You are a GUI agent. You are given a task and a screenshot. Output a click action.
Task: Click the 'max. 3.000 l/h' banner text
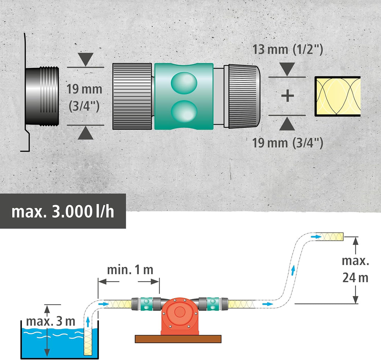[x=63, y=211]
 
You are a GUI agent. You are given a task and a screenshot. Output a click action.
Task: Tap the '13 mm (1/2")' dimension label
[x=288, y=49]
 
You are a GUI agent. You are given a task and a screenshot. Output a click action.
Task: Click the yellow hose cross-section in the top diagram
[x=338, y=96]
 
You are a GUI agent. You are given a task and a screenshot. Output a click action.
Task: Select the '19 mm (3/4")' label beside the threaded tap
[x=84, y=96]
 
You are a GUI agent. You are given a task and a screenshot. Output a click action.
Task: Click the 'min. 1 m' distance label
[x=130, y=270]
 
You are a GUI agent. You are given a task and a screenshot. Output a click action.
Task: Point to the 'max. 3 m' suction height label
[x=51, y=321]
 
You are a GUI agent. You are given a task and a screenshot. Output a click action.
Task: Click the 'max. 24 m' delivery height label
[x=355, y=270]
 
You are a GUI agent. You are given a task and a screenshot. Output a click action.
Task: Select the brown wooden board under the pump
[x=178, y=339]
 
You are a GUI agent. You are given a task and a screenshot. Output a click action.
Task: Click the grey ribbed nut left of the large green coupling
[x=132, y=96]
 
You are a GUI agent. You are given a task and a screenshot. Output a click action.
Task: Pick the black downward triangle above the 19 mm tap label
[x=86, y=58]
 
